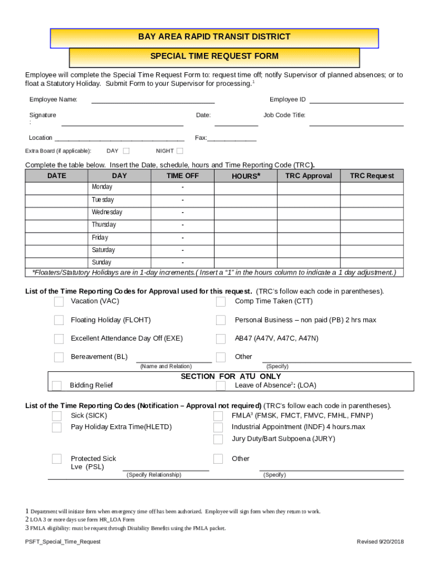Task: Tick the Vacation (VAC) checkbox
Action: pyautogui.click(x=58, y=302)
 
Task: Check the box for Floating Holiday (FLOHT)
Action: pyautogui.click(x=58, y=320)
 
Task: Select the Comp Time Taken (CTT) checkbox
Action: pyautogui.click(x=221, y=302)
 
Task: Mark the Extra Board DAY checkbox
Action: pyautogui.click(x=126, y=151)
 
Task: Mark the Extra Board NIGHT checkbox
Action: pyautogui.click(x=179, y=151)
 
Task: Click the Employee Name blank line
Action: pyautogui.click(x=153, y=100)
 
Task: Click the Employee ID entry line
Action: pyautogui.click(x=356, y=100)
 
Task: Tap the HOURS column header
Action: pyautogui.click(x=246, y=176)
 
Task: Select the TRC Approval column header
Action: pyautogui.click(x=308, y=176)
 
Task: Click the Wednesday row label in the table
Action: pyautogui.click(x=107, y=212)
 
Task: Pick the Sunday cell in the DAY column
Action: pyautogui.click(x=101, y=262)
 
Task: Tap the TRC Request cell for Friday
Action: pyautogui.click(x=372, y=238)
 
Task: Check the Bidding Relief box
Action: pyautogui.click(x=57, y=386)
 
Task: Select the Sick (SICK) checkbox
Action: pyautogui.click(x=57, y=416)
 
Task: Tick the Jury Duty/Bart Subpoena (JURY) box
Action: pyautogui.click(x=218, y=439)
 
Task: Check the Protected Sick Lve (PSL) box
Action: pyautogui.click(x=57, y=459)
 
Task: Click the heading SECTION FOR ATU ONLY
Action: pyautogui.click(x=231, y=376)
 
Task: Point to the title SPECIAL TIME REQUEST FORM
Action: pyautogui.click(x=214, y=56)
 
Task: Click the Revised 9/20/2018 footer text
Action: pyautogui.click(x=380, y=542)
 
